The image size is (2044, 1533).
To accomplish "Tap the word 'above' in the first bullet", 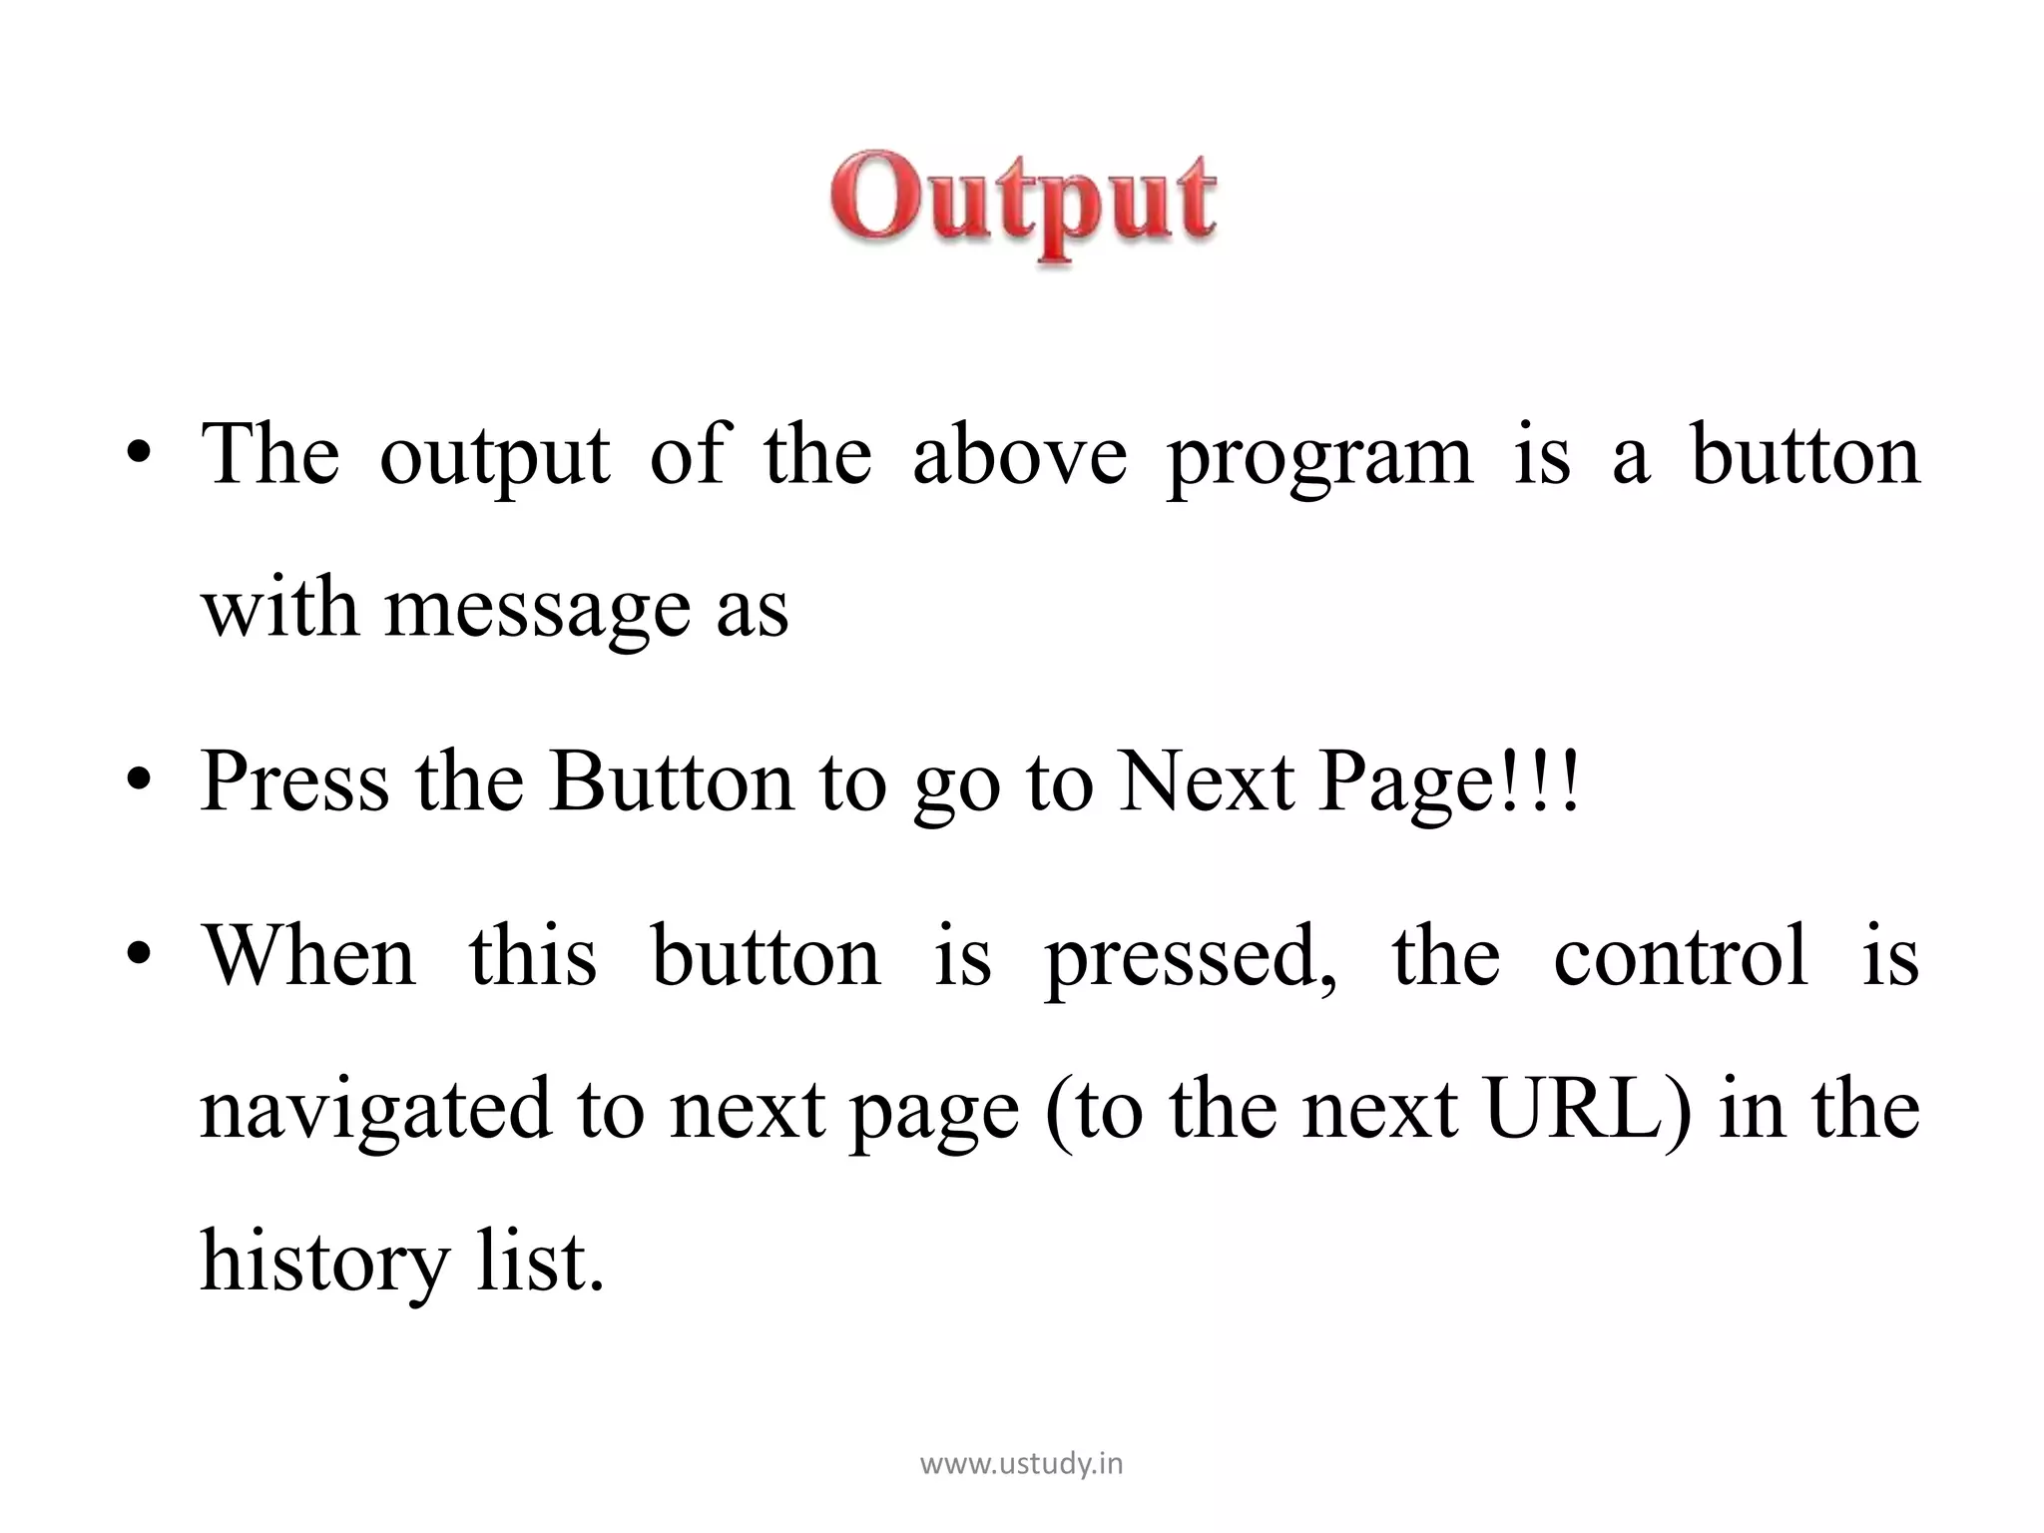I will pos(1019,455).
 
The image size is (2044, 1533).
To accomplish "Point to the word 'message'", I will pos(537,611).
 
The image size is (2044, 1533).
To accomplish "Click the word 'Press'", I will pos(294,782).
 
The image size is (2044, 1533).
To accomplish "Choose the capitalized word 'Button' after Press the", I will pos(671,782).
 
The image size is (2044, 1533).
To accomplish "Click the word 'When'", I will pos(309,956).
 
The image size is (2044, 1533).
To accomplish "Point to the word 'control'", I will pos(1681,956).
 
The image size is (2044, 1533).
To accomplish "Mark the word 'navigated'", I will pos(376,1110).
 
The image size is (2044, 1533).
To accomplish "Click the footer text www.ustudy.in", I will pos(1021,1464).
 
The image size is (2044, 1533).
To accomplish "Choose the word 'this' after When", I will pos(533,956).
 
